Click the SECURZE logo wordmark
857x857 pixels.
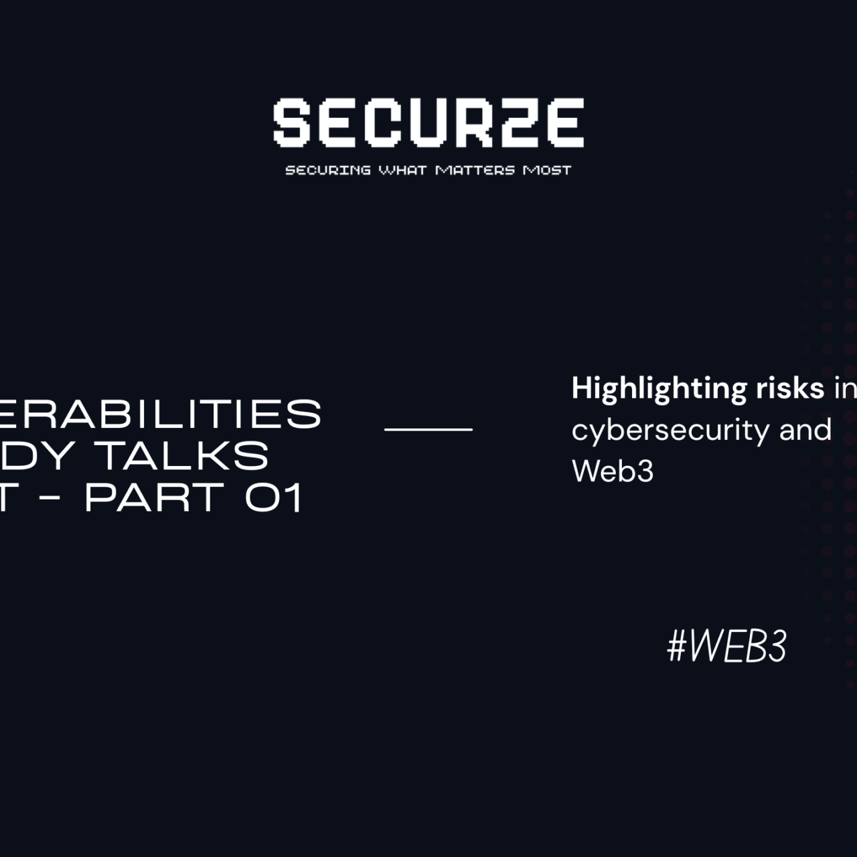[x=428, y=123]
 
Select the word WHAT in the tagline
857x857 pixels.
[x=402, y=170]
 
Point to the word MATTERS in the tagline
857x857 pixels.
[x=475, y=170]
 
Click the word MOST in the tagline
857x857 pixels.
[x=547, y=170]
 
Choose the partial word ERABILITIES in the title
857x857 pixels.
[x=160, y=414]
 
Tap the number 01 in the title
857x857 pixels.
[x=275, y=497]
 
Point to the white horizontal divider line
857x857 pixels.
[x=428, y=428]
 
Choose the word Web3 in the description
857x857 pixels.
[x=613, y=471]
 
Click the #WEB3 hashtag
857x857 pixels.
[x=727, y=647]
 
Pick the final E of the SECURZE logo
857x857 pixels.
[x=564, y=123]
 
